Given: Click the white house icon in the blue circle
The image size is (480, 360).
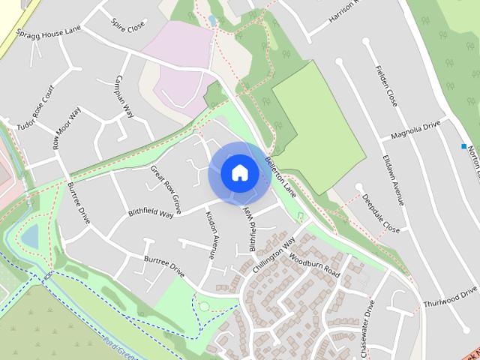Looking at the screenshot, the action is tap(239, 172).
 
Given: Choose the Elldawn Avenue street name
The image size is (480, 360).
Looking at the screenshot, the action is tap(394, 181).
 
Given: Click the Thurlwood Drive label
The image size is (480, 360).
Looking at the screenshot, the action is tap(450, 298).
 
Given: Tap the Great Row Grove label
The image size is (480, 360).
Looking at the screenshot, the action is tap(166, 188).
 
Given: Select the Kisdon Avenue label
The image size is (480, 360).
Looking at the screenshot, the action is tap(211, 234).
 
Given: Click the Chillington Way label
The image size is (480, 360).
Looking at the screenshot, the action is tap(274, 253).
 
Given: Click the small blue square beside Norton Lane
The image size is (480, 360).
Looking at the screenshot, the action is tap(464, 145).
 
